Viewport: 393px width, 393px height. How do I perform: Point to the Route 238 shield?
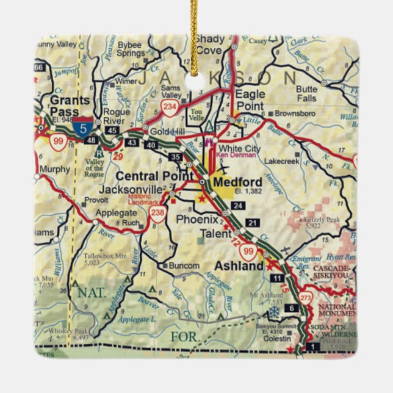(x=157, y=212)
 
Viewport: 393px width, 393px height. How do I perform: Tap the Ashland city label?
(x=239, y=265)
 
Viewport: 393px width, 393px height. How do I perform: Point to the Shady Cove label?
(x=209, y=45)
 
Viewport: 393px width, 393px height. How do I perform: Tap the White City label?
(x=239, y=148)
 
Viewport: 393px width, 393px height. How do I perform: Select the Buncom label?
(x=184, y=266)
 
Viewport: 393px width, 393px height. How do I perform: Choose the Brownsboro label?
(x=295, y=114)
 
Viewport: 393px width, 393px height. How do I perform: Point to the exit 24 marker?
(x=239, y=206)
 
